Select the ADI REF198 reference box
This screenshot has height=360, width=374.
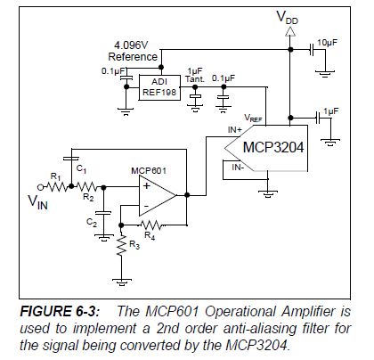coord(159,85)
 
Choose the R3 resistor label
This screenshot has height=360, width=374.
coord(133,243)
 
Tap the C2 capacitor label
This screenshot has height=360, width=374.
coord(89,221)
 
